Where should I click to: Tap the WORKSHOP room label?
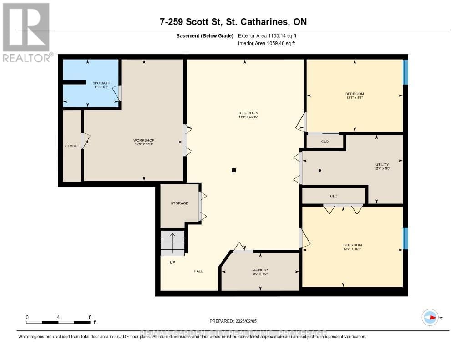tap(144, 140)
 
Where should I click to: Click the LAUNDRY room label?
tap(260, 269)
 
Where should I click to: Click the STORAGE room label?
tap(179, 203)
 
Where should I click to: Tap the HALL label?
tap(198, 271)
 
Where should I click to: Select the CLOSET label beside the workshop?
tap(72, 146)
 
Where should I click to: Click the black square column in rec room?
tap(233, 171)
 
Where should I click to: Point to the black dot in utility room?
tap(319, 171)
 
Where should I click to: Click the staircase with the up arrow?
tap(172, 243)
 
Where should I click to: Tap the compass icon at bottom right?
tap(430, 317)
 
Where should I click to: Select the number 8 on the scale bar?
tap(90, 317)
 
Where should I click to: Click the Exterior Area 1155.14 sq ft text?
tap(267, 35)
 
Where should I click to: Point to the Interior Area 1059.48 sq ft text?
tap(266, 44)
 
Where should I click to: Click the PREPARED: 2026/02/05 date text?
tap(233, 321)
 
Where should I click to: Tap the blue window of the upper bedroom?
tap(405, 72)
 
